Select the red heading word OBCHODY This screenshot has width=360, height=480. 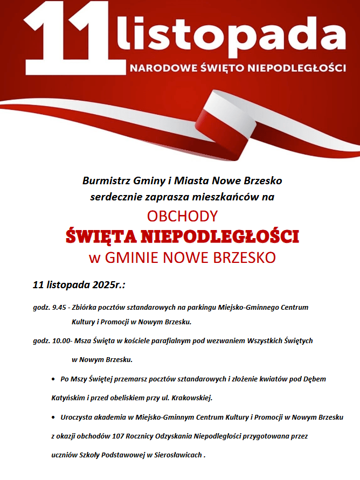182,216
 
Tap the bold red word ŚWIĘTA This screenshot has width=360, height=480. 100,236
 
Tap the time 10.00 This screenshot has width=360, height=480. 60,341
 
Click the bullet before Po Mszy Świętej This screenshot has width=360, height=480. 54,379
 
